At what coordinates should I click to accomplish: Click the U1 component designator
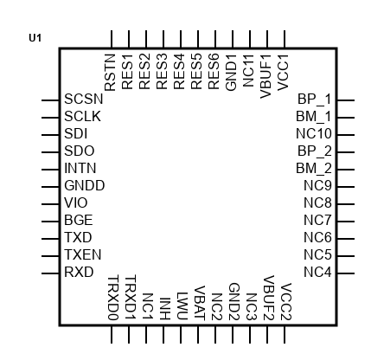point(35,38)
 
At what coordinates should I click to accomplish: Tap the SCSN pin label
point(84,99)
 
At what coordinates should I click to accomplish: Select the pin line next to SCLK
point(50,118)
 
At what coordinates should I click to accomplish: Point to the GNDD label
point(85,185)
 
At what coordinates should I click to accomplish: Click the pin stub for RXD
point(50,273)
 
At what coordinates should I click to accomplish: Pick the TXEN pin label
point(83,254)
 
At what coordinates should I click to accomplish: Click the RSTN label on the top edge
point(110,73)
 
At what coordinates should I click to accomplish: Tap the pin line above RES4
point(181,39)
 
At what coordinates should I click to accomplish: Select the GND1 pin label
point(231,73)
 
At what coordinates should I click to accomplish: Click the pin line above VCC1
point(285,39)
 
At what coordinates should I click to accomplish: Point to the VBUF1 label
point(265,76)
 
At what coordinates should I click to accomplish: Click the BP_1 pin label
point(315,99)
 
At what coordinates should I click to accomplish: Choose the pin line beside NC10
point(346,135)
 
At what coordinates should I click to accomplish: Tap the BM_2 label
point(314,168)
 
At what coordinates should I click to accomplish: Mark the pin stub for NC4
point(346,273)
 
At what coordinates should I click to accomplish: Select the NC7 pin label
point(317,220)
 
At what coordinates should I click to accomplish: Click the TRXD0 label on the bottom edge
point(113,298)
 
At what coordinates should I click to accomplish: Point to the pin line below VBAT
point(198,335)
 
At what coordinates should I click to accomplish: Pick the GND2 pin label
point(234,302)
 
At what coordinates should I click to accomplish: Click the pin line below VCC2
point(285,335)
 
